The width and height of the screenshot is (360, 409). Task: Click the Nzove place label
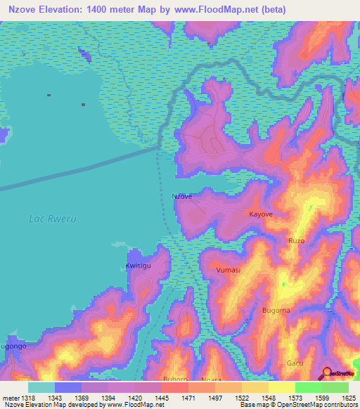(x=182, y=197)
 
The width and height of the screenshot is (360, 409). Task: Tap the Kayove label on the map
(x=260, y=213)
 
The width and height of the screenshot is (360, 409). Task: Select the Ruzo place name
(x=296, y=240)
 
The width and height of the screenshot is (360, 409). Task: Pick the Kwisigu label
(x=138, y=266)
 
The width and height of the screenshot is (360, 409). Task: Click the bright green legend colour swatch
(x=308, y=387)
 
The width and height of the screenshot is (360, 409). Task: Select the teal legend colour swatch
(x=41, y=387)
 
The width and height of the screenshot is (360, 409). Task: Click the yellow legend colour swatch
(x=281, y=387)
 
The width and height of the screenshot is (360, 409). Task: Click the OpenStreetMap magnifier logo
(x=326, y=373)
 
